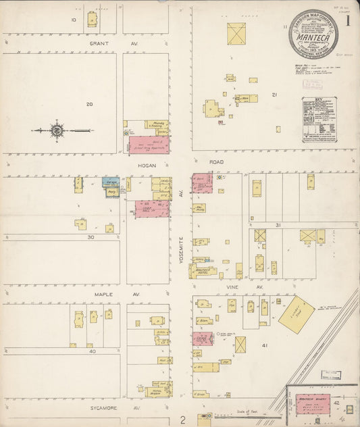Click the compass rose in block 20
pyautogui.click(x=57, y=130)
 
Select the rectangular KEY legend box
pyautogui.click(x=319, y=120)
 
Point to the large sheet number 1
pyautogui.click(x=348, y=20)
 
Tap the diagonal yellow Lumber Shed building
pyautogui.click(x=295, y=314)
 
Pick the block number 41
pyautogui.click(x=265, y=345)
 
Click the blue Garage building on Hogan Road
pyautogui.click(x=111, y=182)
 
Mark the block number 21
pyautogui.click(x=274, y=95)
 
